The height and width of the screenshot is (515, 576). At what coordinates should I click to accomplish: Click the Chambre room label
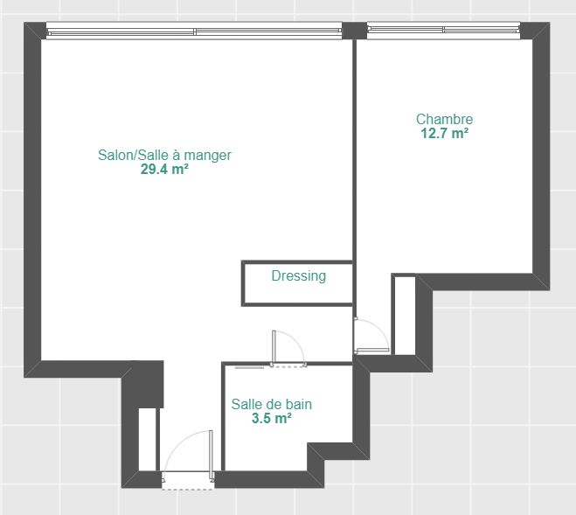[445, 119]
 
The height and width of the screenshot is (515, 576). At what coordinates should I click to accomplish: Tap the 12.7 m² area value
[445, 133]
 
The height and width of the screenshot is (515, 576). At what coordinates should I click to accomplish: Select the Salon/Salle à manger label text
[164, 155]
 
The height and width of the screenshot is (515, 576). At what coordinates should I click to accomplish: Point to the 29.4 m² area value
[164, 169]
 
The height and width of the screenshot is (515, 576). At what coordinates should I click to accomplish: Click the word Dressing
[299, 276]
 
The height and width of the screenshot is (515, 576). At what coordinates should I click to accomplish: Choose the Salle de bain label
[272, 404]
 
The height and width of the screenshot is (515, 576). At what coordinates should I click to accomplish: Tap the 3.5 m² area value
[272, 418]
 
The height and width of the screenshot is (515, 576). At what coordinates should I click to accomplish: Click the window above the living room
[194, 31]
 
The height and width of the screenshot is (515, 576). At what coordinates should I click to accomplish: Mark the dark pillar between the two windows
[355, 31]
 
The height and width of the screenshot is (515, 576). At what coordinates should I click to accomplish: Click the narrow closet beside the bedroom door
[405, 316]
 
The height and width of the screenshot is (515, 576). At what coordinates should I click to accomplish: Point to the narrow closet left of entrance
[148, 439]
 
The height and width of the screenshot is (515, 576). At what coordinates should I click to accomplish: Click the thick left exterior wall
[32, 199]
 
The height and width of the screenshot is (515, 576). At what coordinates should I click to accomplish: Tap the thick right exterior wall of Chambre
[541, 156]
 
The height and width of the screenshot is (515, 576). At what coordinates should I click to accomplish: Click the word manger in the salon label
[207, 156]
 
